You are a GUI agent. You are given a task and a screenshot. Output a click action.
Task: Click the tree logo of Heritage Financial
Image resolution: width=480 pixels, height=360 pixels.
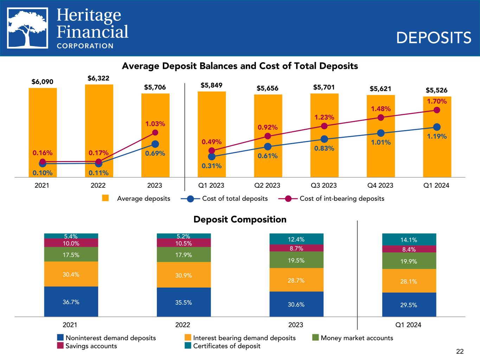[x=28, y=28]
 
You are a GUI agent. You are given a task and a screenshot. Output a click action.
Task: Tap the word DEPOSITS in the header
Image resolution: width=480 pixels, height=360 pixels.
[x=434, y=38]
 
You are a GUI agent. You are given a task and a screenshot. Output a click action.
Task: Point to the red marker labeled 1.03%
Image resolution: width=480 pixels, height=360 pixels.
[x=155, y=133]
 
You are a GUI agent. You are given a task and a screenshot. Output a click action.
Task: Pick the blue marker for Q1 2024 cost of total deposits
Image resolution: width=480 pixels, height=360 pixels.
[x=437, y=127]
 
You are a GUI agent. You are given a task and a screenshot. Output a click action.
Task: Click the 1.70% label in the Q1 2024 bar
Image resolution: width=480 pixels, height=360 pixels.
[x=437, y=102]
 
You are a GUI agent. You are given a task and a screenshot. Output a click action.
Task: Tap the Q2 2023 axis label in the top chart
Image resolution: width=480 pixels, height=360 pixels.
[x=268, y=185]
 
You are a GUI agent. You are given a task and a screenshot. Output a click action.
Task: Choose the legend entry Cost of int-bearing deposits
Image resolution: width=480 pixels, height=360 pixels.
[x=341, y=199]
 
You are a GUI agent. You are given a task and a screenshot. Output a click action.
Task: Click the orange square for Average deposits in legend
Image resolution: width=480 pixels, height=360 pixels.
[x=105, y=198]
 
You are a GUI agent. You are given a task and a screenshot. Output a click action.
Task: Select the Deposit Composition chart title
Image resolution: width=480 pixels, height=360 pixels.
[x=240, y=220]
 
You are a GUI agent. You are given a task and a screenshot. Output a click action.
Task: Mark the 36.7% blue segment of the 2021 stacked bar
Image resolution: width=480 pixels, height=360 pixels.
[x=71, y=302]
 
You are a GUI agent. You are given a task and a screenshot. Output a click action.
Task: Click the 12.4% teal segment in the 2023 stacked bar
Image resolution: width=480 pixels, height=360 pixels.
[x=296, y=239]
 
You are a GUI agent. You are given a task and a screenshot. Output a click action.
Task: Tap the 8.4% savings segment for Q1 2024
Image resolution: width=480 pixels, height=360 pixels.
[x=409, y=249]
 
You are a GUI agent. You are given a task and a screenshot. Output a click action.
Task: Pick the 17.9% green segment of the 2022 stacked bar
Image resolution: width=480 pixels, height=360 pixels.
[x=184, y=255]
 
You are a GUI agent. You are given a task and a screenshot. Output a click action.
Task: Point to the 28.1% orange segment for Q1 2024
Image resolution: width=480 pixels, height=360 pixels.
[x=409, y=281]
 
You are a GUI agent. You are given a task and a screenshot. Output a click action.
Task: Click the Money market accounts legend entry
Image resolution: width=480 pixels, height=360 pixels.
[x=357, y=338]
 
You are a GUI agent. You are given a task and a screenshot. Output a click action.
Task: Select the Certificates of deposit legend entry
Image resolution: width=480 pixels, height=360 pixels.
[x=226, y=346]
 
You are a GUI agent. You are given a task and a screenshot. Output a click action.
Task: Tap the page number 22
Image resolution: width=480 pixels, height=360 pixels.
[x=460, y=351]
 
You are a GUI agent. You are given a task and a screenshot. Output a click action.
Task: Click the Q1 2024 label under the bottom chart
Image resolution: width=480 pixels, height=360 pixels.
[x=408, y=325]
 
